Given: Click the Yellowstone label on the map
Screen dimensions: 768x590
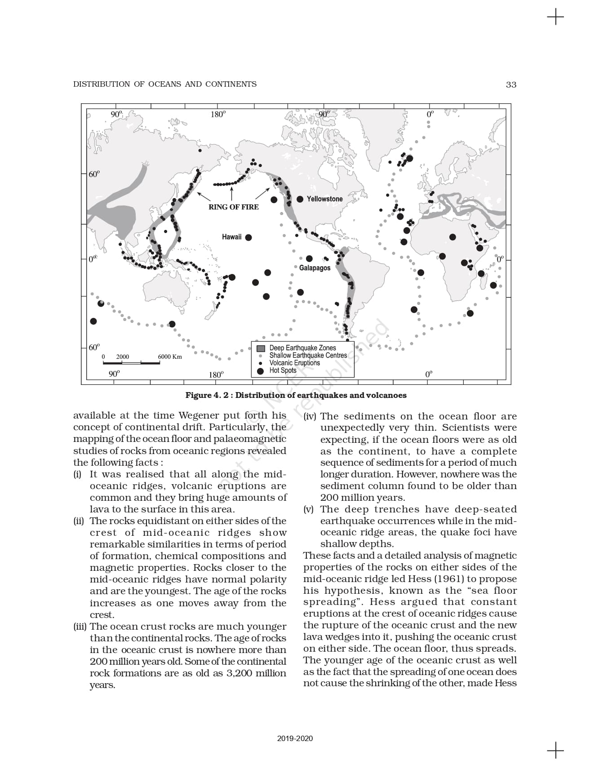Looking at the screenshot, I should [x=324, y=199].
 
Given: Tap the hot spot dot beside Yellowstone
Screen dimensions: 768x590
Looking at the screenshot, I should [x=300, y=199].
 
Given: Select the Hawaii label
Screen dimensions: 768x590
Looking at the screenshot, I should [x=231, y=237].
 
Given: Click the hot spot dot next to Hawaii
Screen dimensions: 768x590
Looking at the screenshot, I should [x=248, y=238].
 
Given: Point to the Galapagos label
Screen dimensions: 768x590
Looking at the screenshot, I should [x=315, y=268].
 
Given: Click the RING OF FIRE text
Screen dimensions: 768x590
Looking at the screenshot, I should [x=234, y=207].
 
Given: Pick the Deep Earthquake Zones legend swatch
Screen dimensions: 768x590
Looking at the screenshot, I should [x=261, y=348].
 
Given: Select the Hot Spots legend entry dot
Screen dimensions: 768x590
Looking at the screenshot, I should [x=260, y=371].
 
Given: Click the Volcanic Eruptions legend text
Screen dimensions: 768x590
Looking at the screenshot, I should [x=294, y=363].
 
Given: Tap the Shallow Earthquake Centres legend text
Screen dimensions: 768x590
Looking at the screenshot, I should [x=308, y=355].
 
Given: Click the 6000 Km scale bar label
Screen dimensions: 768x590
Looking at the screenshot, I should [x=170, y=357].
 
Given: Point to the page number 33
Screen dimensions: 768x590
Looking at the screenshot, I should [x=511, y=84].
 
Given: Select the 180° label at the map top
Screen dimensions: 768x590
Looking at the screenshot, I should [x=218, y=115].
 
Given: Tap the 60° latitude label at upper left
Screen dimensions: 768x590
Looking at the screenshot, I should [x=94, y=174].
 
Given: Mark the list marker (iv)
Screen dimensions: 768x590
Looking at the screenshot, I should [x=310, y=416].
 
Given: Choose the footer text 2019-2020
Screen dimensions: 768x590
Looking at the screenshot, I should [x=295, y=738].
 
